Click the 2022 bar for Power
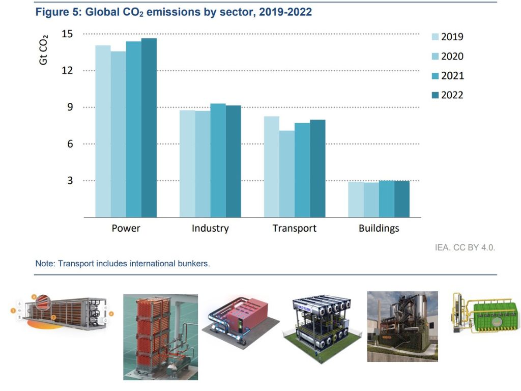tap(149, 128)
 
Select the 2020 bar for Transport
tap(286, 174)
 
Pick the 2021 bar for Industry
tap(218, 160)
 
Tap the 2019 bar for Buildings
tap(356, 199)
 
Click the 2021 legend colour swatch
tap(435, 76)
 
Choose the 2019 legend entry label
tap(452, 37)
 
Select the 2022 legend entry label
tap(452, 95)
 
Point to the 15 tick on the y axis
tap(67, 34)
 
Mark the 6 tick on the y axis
tap(70, 144)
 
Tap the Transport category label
tap(294, 228)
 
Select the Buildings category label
tap(379, 228)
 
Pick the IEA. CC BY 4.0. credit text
tap(464, 247)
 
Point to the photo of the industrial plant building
tap(402, 326)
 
